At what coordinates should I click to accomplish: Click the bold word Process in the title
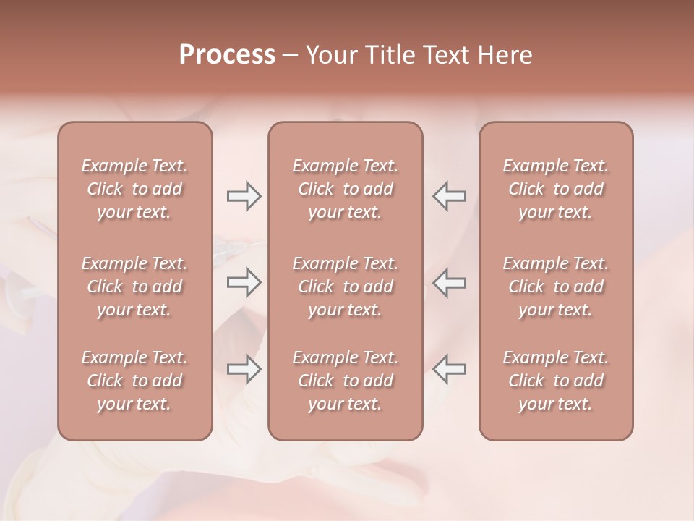[227, 55]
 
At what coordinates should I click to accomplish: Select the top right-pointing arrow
[244, 196]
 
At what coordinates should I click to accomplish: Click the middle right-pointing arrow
[244, 282]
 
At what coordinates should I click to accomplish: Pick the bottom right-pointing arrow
[244, 369]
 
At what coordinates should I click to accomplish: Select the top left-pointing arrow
[450, 196]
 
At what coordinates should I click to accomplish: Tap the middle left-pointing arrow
[450, 282]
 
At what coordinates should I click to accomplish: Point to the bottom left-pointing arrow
[450, 369]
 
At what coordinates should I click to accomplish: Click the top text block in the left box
[134, 189]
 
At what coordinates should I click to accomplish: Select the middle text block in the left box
[134, 287]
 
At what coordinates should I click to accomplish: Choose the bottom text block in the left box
[134, 381]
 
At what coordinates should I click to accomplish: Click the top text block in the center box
[346, 189]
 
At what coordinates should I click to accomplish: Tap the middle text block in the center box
[346, 287]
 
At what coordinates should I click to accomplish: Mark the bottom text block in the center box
[346, 381]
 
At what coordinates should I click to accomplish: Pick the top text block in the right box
[556, 189]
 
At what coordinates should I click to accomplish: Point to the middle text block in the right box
[556, 287]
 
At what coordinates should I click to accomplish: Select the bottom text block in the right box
[556, 381]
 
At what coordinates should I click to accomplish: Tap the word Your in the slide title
[329, 55]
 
